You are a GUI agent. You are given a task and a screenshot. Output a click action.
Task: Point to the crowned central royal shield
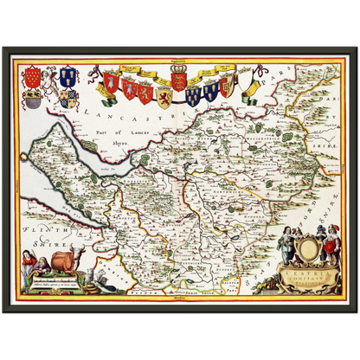(179, 80)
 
